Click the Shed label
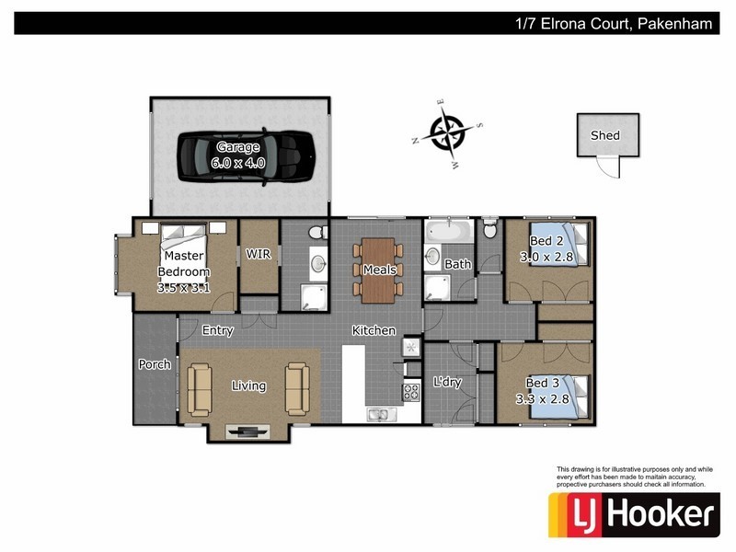(x=604, y=135)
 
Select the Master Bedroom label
(x=184, y=264)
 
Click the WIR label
(x=259, y=255)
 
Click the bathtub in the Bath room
(x=448, y=231)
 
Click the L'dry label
(x=447, y=383)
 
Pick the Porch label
(x=155, y=364)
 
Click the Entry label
(x=217, y=330)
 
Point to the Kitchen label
(x=374, y=330)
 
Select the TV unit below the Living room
(x=248, y=430)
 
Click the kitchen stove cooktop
(x=410, y=392)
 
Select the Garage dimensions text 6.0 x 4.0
(x=237, y=163)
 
